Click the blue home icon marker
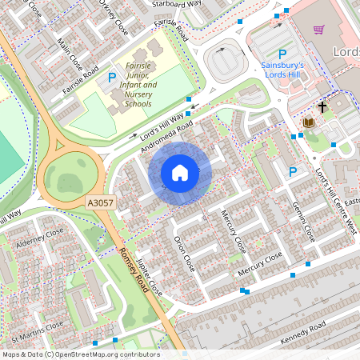tap(180, 172)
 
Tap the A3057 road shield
tap(102, 205)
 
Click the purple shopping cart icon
tap(318, 30)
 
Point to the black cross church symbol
tap(322, 106)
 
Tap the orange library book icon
tap(308, 122)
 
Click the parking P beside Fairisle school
tap(111, 78)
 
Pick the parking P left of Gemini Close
tap(293, 172)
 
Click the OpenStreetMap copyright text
tap(80, 354)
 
